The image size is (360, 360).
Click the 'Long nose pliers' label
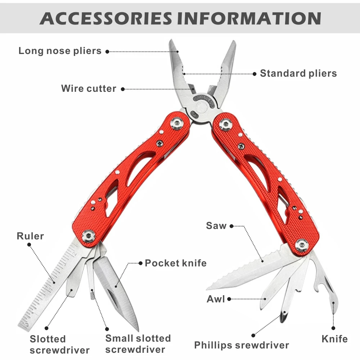[x=60, y=51]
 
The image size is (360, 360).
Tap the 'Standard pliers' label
[x=298, y=73]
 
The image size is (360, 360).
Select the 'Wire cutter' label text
[x=89, y=89]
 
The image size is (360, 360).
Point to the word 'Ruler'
[x=30, y=236]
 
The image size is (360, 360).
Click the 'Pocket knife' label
[x=176, y=263]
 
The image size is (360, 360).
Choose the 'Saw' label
[x=216, y=226]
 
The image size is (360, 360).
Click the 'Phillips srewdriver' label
[x=242, y=345]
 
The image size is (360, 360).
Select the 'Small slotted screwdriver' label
[x=138, y=344]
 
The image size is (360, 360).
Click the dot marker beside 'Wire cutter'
[x=123, y=89]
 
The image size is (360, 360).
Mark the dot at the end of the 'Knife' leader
[x=333, y=328]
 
